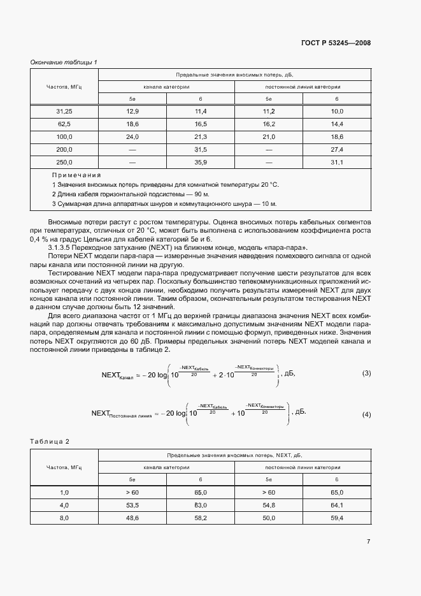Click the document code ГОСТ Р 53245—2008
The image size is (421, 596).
(x=336, y=43)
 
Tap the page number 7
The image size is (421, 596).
(x=368, y=541)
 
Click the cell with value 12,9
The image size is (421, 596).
(x=132, y=112)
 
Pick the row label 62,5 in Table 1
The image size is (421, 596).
(x=64, y=124)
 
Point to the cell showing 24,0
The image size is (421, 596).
(x=132, y=137)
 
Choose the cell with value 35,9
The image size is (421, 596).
(x=201, y=163)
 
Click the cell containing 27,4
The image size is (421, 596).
(x=337, y=150)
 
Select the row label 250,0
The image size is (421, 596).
(x=64, y=163)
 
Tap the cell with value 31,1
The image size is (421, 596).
(x=337, y=163)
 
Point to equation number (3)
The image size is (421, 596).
(x=366, y=373)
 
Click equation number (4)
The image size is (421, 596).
(x=366, y=415)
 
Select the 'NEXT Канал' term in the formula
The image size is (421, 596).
(x=117, y=375)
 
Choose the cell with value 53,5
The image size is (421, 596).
(x=132, y=505)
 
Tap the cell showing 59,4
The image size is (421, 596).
(x=337, y=518)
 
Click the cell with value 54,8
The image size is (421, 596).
(x=269, y=505)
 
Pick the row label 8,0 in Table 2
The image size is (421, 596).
(x=64, y=518)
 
